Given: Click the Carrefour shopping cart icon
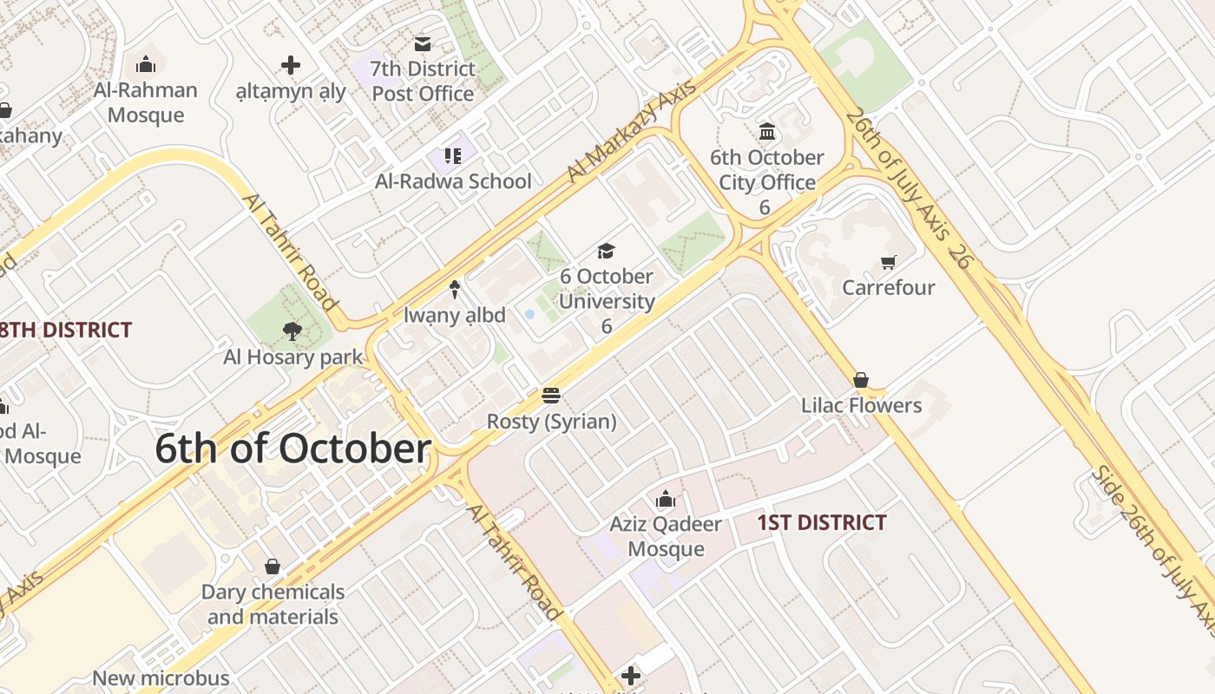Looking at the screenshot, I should click(888, 262).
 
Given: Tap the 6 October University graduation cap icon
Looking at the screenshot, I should click(606, 251).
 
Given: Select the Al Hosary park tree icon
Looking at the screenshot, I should click(292, 331).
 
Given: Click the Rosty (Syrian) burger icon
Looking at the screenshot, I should click(551, 396).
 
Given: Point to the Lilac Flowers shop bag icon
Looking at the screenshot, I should click(861, 380).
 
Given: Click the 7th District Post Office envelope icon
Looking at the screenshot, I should click(423, 43).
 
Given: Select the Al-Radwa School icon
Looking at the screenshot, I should click(452, 156).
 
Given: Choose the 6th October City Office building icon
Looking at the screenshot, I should click(767, 132).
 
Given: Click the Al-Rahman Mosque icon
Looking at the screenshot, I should click(146, 64).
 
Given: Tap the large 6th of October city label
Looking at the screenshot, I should click(293, 449).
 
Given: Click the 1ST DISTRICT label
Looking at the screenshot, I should click(821, 522).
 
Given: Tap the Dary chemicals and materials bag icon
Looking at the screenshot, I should click(273, 566).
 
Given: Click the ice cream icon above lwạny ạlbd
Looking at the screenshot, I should click(454, 289).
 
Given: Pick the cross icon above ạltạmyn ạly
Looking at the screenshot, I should click(291, 65).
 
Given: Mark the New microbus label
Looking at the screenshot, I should click(161, 678).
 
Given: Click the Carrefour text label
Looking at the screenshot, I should click(888, 287).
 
